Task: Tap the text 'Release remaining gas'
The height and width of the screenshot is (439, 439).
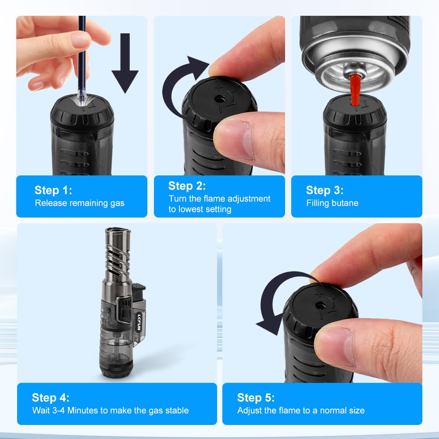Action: click(x=79, y=203)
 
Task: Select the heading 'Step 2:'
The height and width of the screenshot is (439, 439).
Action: click(x=187, y=186)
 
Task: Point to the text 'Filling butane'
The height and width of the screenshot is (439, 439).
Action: click(x=332, y=203)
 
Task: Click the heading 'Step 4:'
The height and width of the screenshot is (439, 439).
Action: click(x=50, y=398)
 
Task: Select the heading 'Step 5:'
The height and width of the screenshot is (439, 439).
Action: click(x=256, y=398)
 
